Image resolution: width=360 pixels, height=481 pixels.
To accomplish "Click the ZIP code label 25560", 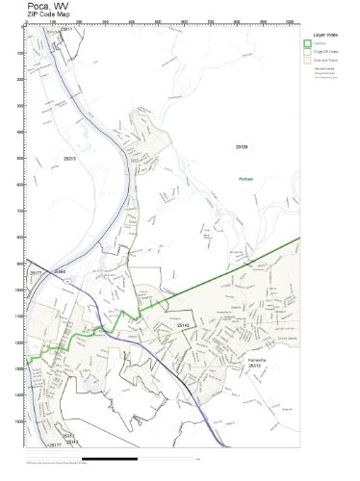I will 60,272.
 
